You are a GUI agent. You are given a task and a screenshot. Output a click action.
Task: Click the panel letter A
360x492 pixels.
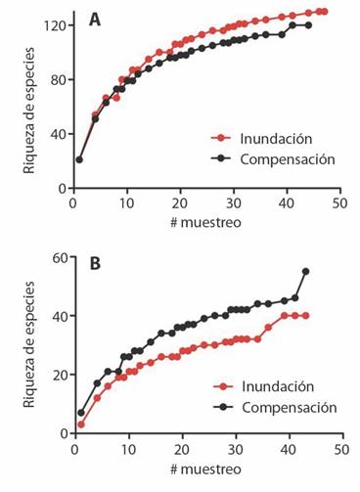pos(95,19)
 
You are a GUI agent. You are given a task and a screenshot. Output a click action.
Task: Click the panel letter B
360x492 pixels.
pos(95,263)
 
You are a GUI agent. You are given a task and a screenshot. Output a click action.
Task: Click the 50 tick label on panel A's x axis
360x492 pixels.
pos(339,203)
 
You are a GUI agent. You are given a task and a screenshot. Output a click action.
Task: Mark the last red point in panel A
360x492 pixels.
pos(323,12)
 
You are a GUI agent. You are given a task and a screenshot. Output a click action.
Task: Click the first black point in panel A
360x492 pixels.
pos(79,159)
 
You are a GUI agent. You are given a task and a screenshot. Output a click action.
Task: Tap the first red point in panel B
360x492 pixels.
pos(79,425)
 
